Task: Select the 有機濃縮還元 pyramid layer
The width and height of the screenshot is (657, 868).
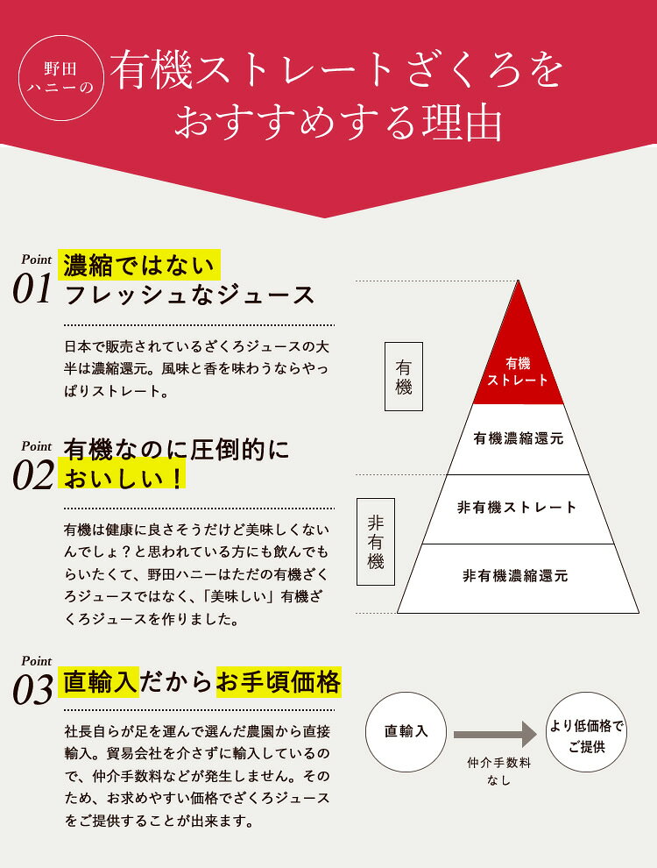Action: coord(519,439)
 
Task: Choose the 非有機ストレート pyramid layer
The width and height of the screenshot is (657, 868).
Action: coord(519,509)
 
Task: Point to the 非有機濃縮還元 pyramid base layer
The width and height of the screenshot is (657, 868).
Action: coord(519,578)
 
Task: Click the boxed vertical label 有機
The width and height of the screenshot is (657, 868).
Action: coord(404,376)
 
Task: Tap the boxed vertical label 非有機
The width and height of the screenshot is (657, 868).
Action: coord(376,542)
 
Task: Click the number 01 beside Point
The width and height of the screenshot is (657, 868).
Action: coord(32,289)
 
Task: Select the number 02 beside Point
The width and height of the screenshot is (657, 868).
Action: coord(33,475)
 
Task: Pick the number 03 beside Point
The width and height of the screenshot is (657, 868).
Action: coord(33,690)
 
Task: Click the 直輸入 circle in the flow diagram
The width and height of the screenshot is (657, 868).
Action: coord(406,732)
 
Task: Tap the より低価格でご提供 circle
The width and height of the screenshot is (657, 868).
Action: coord(586,732)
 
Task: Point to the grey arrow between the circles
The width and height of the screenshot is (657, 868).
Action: coord(495,735)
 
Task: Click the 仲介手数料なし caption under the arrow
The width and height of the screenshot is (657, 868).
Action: coord(498,772)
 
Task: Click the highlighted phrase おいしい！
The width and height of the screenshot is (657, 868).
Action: coord(123,477)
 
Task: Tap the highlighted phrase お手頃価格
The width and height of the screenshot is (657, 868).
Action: coord(279,682)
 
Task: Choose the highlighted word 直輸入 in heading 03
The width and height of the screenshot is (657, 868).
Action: coord(99,682)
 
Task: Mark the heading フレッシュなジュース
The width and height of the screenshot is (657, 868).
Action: coord(189,295)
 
